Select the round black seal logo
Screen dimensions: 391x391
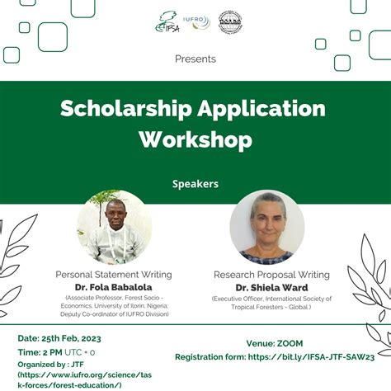point(230,22)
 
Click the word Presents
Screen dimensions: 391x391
point(195,59)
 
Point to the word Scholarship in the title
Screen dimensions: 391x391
point(120,109)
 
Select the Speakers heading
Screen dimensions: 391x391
point(195,183)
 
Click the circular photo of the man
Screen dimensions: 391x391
point(114,226)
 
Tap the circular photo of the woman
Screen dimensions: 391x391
point(266,226)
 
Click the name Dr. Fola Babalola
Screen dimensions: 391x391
point(114,286)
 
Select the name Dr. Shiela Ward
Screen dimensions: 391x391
point(271,286)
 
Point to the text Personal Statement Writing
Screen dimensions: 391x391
point(114,275)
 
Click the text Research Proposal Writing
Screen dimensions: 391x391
point(271,275)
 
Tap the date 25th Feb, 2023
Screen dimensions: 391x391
point(76,339)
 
